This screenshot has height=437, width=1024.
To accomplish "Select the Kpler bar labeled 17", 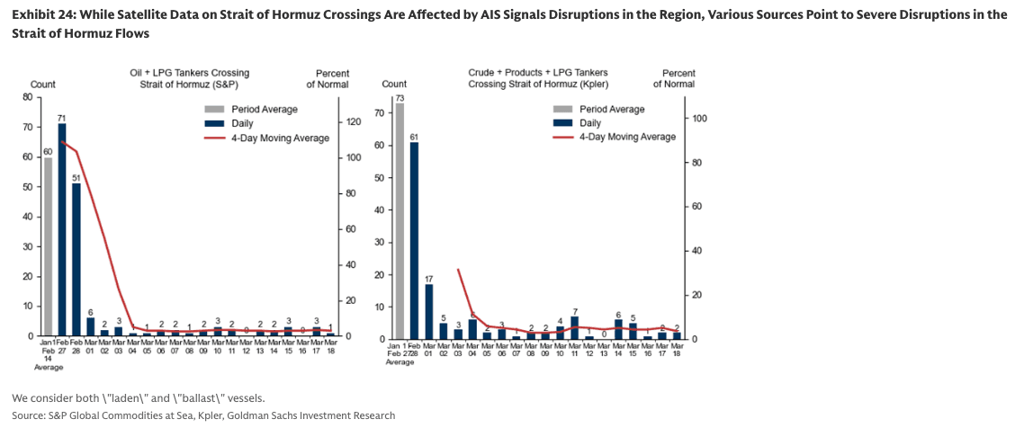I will pyautogui.click(x=428, y=311).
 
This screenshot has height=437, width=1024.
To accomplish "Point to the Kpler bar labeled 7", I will pyautogui.click(x=574, y=328).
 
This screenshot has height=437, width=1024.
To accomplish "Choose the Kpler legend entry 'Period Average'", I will pyautogui.click(x=611, y=109).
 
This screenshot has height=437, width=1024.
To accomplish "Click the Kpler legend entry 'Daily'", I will pyautogui.click(x=590, y=122).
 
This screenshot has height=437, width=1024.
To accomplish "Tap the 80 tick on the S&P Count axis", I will pyautogui.click(x=28, y=97).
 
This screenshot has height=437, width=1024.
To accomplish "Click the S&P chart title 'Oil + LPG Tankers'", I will pyautogui.click(x=186, y=72).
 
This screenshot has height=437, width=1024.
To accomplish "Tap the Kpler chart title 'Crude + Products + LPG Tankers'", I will pyautogui.click(x=538, y=72).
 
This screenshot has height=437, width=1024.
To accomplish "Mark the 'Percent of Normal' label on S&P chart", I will pyautogui.click(x=329, y=78).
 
